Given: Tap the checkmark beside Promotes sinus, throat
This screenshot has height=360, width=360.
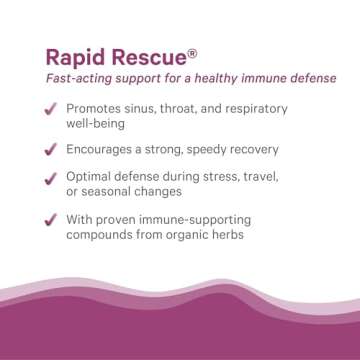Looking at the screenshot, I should (x=49, y=109).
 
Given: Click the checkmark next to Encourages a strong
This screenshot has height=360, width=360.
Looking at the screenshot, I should (x=49, y=149).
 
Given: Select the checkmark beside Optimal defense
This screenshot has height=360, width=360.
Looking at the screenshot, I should (x=49, y=177).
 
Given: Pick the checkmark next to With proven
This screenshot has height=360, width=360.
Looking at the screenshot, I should (x=49, y=218).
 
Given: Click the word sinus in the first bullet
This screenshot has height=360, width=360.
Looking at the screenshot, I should (x=147, y=108).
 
